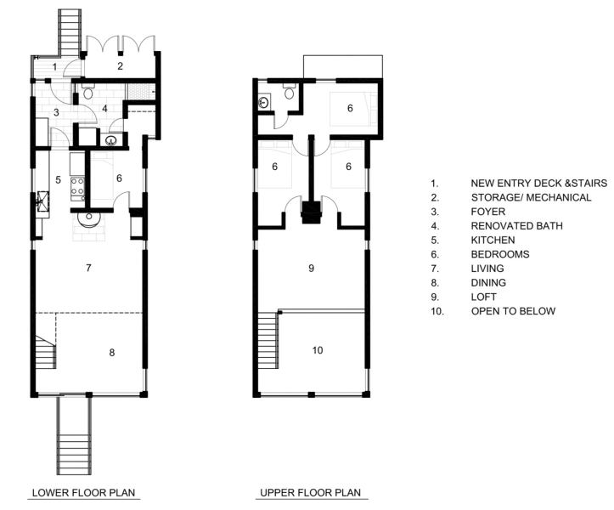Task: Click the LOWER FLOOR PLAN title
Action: pos(83,492)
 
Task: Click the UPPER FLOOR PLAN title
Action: pos(311,492)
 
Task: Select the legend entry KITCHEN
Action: pos(493,240)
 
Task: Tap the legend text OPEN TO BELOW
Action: pos(513,311)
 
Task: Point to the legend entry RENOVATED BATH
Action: pos(516,226)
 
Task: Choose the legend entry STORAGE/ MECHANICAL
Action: pos(531,197)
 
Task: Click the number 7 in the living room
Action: pos(88,268)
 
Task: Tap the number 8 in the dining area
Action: pos(112,353)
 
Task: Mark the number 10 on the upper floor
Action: pos(318,350)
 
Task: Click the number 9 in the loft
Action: pos(312,268)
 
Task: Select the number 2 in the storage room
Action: pos(121,65)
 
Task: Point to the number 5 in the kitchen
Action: pos(58,180)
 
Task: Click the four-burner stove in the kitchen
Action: pos(77,188)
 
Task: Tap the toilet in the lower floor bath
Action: pos(88,92)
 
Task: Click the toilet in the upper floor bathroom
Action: pos(290,92)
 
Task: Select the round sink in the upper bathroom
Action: pos(263,103)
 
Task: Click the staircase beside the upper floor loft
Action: pos(268,339)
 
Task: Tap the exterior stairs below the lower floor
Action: pos(74,435)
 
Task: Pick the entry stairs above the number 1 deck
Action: pos(70,33)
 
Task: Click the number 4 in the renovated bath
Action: pos(104,108)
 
